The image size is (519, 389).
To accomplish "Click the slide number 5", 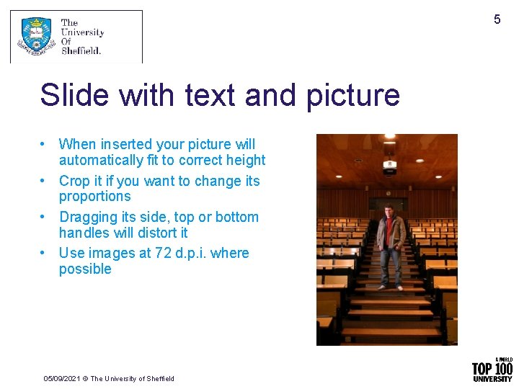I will coord(497,19).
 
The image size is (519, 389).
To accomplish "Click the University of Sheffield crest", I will coord(36,37).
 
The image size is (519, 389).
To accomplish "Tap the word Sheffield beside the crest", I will coord(81,50).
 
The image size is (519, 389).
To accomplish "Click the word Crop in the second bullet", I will coord(74,181).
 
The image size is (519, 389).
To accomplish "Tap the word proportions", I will coord(94,196).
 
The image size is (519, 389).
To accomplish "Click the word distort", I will coord(158,233).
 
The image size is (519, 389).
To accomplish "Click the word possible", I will coord(85,269).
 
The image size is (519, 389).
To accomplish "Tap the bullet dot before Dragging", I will coord(44,217).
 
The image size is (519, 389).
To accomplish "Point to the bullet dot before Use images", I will coord(44,253).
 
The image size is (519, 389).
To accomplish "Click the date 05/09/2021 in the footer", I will coord(61,378).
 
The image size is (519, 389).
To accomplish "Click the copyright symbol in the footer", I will coord(84,378).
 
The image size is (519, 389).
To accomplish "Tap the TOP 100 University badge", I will coord(492,370).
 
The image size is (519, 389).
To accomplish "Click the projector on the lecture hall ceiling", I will coord(390,166).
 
